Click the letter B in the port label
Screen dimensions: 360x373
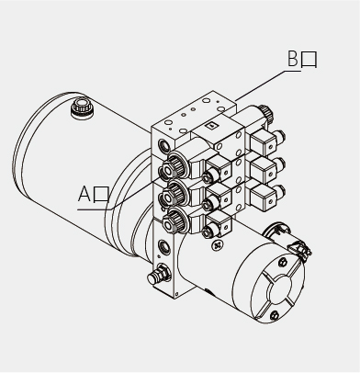293,59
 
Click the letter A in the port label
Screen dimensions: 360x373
84,194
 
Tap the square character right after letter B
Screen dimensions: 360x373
309,60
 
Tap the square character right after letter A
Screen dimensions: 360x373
101,195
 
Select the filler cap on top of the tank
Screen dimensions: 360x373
82,107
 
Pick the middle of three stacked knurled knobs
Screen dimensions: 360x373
172,193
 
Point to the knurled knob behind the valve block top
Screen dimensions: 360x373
265,113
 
